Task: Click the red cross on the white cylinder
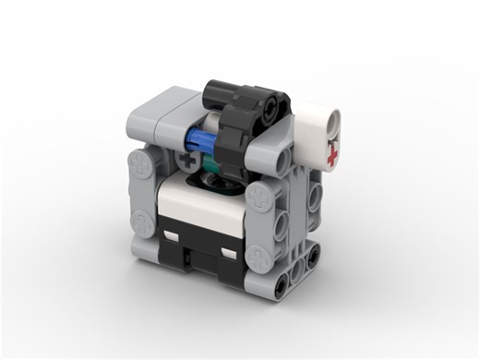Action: pos(331,157)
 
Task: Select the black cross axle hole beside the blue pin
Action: pos(190,162)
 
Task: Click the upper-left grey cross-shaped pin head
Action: pos(141,167)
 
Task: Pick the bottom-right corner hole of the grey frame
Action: pos(312,256)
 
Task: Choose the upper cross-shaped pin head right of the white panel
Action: pos(260,196)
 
